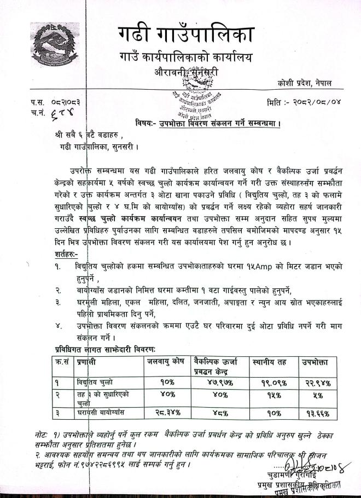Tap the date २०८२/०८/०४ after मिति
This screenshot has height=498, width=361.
coord(314,102)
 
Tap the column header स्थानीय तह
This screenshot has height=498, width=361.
coord(269,361)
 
